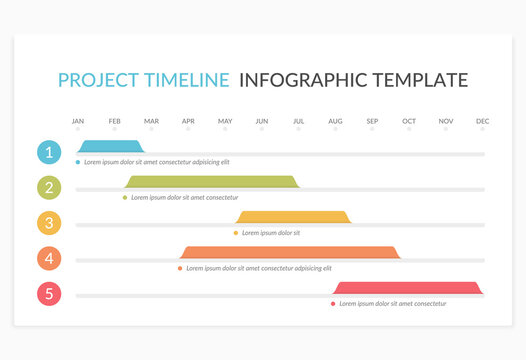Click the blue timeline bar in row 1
click(x=110, y=147)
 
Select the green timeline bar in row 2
click(x=212, y=182)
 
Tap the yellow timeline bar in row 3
click(x=294, y=217)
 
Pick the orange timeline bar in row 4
click(x=290, y=252)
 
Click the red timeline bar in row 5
click(x=408, y=288)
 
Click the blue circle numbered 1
click(x=48, y=152)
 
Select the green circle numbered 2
click(x=48, y=187)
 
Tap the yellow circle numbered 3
click(x=48, y=223)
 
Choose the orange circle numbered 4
click(x=48, y=258)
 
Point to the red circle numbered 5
click(x=48, y=294)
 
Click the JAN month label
click(x=78, y=121)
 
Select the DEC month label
click(x=483, y=121)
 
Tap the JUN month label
click(x=262, y=121)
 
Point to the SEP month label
click(x=372, y=121)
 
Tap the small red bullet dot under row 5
click(x=333, y=303)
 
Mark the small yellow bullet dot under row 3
click(x=236, y=233)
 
